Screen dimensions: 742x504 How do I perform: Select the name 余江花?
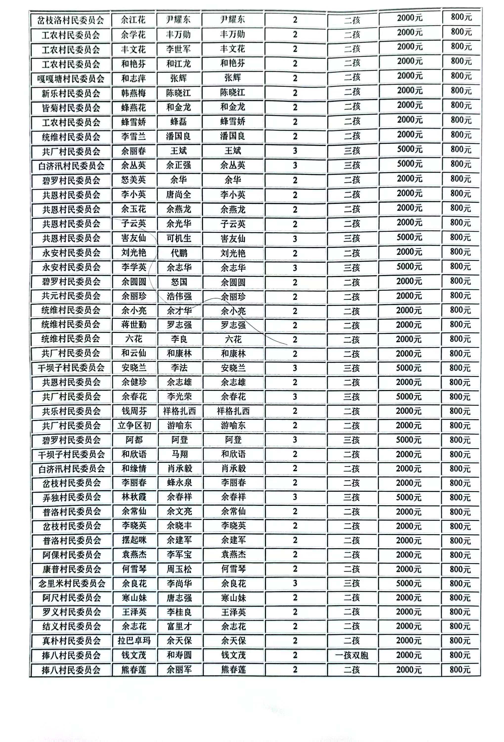pos(133,20)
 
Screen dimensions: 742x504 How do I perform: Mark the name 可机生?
pos(179,238)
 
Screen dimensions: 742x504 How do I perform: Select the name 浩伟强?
pos(179,296)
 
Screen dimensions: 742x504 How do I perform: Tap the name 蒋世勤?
pos(134,325)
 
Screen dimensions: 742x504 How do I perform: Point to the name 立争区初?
pos(134,425)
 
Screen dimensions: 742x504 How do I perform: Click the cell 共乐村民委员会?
pos(71,411)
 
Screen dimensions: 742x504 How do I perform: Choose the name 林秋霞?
pos(134,497)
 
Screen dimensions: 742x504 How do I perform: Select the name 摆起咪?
pos(134,540)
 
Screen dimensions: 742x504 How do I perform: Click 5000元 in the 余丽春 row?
pos(410,149)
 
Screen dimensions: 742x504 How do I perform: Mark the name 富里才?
pos(179,626)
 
